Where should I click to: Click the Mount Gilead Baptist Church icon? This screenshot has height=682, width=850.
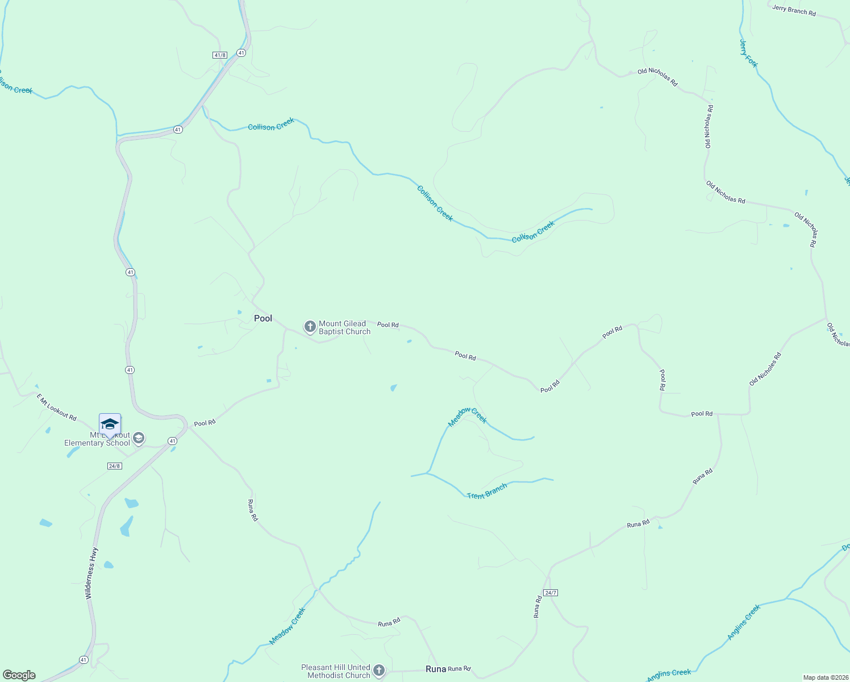coord(310,327)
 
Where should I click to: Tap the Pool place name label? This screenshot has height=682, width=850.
coord(263,318)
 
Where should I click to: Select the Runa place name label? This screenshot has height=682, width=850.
coord(435,669)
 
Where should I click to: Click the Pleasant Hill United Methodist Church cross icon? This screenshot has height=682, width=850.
coord(379,671)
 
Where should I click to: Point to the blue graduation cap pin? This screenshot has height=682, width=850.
coord(110,425)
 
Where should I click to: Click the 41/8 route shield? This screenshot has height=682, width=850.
coord(220,55)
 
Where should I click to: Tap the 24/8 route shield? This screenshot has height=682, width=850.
coord(114,466)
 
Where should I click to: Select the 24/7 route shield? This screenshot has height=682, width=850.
coord(550,593)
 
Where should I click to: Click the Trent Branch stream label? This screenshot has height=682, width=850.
coord(487,492)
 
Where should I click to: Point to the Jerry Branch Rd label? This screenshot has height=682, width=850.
coord(794,10)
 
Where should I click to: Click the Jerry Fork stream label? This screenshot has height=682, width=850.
coord(748,53)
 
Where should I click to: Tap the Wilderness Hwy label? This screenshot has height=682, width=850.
coord(91,573)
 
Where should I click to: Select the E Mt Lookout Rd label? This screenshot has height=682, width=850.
coord(56,407)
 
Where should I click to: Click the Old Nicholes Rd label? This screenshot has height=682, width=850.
coord(765,369)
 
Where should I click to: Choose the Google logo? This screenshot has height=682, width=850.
coord(19,675)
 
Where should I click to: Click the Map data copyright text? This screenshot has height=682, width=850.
coord(825,677)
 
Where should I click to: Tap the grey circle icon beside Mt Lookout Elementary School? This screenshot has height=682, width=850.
coord(139,438)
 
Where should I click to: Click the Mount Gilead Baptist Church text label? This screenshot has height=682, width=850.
coord(344,327)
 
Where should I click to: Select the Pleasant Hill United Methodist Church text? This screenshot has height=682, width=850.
coord(336,671)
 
